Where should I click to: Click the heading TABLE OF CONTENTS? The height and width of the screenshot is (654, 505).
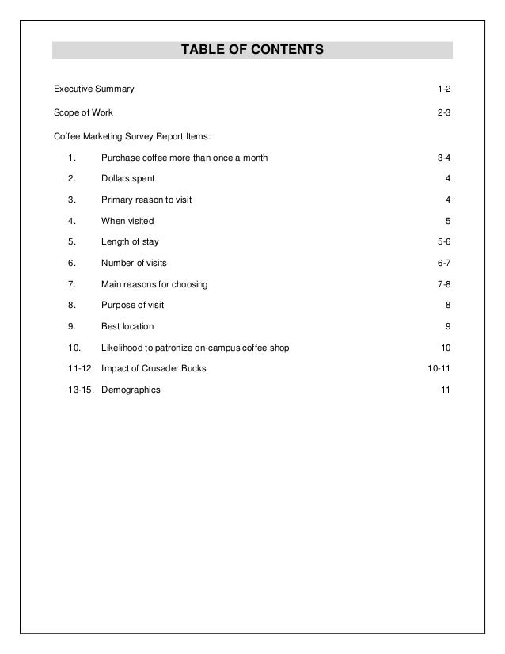(252, 50)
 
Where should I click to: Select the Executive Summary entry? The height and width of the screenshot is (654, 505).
(93, 88)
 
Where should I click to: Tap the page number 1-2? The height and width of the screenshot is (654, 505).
(445, 88)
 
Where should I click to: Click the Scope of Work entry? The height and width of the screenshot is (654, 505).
(83, 113)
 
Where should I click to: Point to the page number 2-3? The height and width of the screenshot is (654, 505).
(445, 113)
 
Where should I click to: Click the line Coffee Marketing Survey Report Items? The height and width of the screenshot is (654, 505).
(132, 136)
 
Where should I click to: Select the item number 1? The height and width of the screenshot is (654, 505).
(72, 158)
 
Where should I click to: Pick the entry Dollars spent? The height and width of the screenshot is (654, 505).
(128, 179)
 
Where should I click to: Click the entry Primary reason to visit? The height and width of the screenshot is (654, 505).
(146, 200)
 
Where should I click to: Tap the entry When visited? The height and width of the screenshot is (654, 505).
(127, 221)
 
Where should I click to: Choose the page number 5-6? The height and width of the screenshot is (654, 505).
(445, 241)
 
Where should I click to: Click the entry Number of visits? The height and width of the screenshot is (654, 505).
(134, 263)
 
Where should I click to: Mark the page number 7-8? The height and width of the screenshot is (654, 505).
(445, 284)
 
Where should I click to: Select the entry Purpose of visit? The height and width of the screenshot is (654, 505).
(133, 305)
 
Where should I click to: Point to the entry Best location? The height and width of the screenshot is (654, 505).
(127, 326)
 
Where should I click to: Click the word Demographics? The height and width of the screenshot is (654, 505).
(131, 390)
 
